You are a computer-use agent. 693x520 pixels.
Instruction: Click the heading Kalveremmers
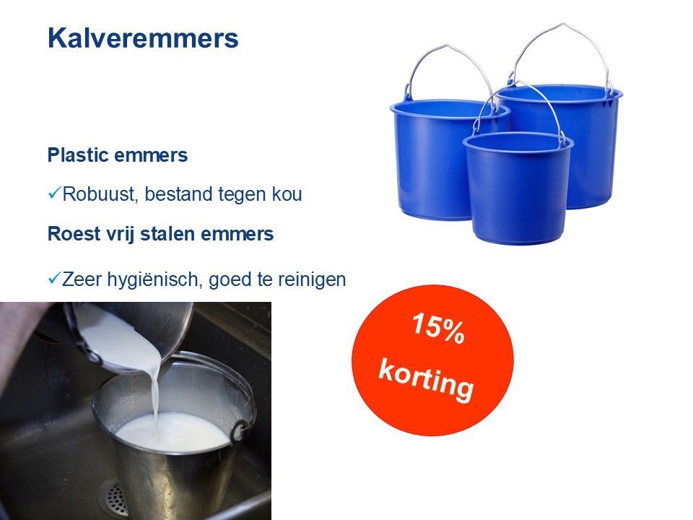coord(143,38)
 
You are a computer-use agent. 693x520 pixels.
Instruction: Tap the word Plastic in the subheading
coord(77,155)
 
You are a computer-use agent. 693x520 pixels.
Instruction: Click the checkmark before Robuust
coord(54,194)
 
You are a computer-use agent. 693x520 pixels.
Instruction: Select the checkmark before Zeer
coord(54,279)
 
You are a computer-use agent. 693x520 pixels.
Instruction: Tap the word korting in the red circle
coord(427,379)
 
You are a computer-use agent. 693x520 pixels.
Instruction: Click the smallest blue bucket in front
coord(518,188)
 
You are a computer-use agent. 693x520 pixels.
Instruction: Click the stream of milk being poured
coord(154,398)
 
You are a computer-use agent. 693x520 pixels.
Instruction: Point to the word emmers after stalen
coord(237,233)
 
